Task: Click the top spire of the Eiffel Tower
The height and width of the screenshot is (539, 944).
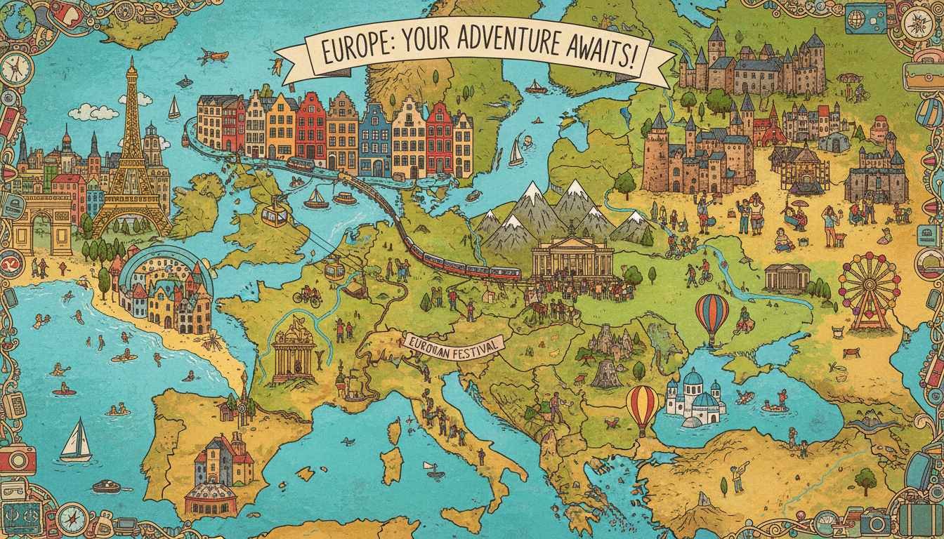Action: click(131, 65)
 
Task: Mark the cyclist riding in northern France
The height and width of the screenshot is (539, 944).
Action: click(307, 295)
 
